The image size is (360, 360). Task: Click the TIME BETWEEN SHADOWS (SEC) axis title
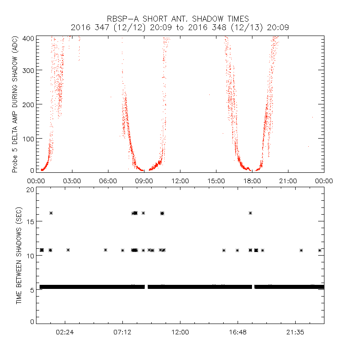coord(19,256)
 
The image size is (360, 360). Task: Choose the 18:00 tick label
coord(252,181)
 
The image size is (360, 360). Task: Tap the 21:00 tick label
coord(288,181)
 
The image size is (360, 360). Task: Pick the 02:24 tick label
coord(65,333)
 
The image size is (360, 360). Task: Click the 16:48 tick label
coord(238,333)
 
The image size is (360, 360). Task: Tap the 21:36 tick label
coord(295,333)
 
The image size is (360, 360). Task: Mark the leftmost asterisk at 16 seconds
coord(51,213)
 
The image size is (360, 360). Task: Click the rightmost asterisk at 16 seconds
coord(250,213)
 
